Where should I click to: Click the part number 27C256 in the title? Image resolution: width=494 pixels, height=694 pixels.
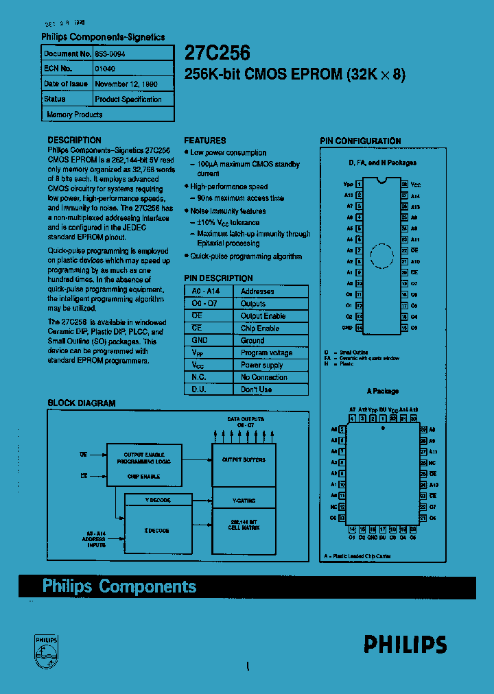tap(217, 54)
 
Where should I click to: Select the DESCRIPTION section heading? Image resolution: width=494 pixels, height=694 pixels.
tap(74, 140)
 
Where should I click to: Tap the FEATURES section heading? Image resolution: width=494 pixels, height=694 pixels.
tap(204, 140)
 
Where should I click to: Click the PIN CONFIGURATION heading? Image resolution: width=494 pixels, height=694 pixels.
tap(360, 141)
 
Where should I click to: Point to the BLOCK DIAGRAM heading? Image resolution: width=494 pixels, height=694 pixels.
tap(81, 403)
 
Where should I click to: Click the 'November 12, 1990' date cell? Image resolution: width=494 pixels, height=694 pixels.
tap(126, 84)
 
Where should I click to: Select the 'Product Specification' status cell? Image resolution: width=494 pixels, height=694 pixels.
tap(128, 99)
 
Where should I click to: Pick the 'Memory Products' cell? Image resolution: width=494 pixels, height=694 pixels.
tap(75, 115)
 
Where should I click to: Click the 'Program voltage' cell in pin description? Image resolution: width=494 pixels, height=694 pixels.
tap(266, 353)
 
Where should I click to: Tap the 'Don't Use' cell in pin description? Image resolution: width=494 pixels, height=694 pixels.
tap(256, 390)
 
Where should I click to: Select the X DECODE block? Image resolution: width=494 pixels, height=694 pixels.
tap(157, 531)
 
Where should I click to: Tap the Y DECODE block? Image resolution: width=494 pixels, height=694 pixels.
tap(157, 500)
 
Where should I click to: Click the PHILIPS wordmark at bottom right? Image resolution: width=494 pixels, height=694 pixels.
tap(405, 644)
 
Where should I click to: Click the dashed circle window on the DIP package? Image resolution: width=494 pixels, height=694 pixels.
tap(382, 255)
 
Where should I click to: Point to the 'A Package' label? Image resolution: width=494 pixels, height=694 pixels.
tap(382, 391)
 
